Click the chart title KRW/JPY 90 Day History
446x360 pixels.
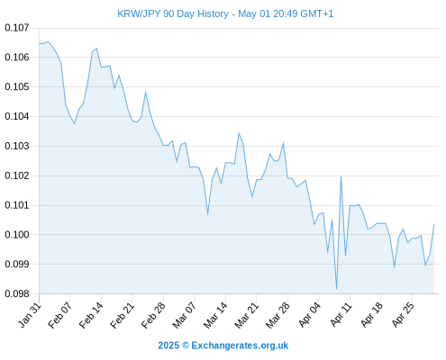(x=173, y=13)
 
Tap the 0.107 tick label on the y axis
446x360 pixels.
(x=17, y=28)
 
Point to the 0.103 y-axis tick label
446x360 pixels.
(x=17, y=146)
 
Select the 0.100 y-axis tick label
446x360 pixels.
(x=17, y=235)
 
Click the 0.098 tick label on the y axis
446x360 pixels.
(x=17, y=293)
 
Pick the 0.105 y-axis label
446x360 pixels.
(x=17, y=87)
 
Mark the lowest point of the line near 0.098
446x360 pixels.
(x=337, y=289)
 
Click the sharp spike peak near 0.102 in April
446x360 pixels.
(x=341, y=176)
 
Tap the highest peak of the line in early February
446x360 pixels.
(x=48, y=41)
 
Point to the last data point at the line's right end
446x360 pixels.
(x=434, y=224)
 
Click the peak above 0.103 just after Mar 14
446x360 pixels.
(x=239, y=133)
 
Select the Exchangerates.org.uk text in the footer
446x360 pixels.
(x=240, y=346)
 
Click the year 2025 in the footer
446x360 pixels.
(x=168, y=346)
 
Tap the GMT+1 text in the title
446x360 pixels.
(x=316, y=13)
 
